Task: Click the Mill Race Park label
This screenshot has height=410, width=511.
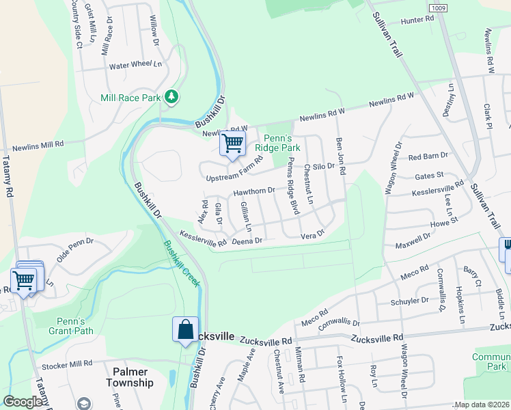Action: pyautogui.click(x=130, y=98)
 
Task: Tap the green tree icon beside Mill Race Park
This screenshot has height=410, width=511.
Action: pyautogui.click(x=171, y=97)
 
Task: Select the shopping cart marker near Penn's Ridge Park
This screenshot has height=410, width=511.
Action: pyautogui.click(x=232, y=144)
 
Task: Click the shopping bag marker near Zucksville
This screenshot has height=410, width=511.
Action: pyautogui.click(x=186, y=330)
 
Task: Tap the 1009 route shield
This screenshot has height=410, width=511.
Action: pyautogui.click(x=440, y=7)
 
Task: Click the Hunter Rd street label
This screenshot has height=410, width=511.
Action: pyautogui.click(x=417, y=20)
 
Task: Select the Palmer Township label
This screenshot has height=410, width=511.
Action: pyautogui.click(x=130, y=377)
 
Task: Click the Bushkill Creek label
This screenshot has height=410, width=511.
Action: pyautogui.click(x=181, y=263)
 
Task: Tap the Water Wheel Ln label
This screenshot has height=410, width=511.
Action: pyautogui.click(x=135, y=66)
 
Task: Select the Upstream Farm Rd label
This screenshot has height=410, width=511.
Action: pyautogui.click(x=234, y=171)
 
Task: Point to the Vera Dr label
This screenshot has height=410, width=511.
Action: pyautogui.click(x=312, y=235)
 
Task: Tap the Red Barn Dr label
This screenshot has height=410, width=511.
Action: pyautogui.click(x=427, y=156)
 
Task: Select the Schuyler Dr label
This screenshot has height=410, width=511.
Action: pyautogui.click(x=409, y=300)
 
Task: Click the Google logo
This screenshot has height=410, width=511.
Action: pyautogui.click(x=23, y=402)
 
